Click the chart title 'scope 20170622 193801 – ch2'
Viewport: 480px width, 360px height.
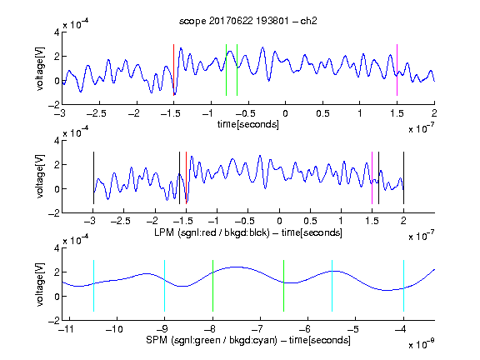tap(248, 21)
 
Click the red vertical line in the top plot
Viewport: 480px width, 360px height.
tap(174, 70)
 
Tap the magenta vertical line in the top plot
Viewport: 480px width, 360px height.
tap(397, 70)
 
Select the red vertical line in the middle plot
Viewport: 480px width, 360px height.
tap(186, 177)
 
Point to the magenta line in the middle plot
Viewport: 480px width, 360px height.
tap(372, 177)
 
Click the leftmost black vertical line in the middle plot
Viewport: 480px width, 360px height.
tap(93, 177)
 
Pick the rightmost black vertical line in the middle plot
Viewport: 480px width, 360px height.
tap(403, 177)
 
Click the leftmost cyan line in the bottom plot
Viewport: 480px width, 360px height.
tap(93, 286)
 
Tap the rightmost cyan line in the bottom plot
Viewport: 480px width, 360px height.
tap(403, 286)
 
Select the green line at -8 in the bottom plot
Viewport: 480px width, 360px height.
tap(212, 286)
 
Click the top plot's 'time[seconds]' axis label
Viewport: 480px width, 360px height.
tap(248, 124)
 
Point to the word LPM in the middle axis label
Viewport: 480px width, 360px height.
tap(164, 232)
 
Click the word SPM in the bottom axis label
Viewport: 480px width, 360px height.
tap(157, 340)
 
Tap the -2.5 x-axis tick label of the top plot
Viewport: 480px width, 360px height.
tap(96, 113)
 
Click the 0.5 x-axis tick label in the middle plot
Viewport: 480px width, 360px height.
tap(310, 221)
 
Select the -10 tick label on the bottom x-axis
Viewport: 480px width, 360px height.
tap(114, 329)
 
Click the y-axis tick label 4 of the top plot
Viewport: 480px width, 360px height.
tap(57, 32)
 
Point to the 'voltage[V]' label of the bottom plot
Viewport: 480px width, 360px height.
tap(40, 284)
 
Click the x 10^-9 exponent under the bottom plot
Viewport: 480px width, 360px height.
tap(421, 344)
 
